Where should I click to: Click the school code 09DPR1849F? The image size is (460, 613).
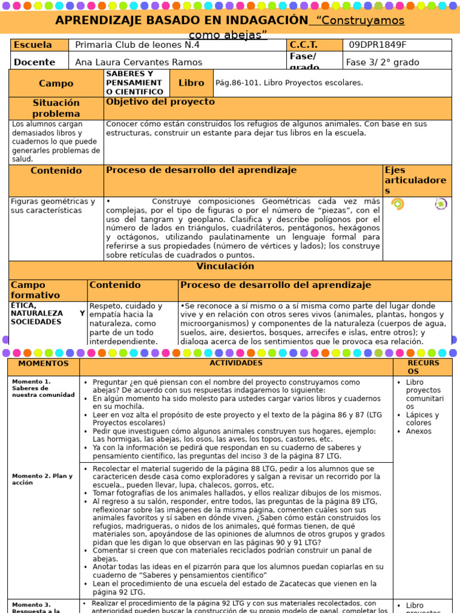(x=377, y=45)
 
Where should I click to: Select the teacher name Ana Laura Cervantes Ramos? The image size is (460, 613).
(x=138, y=62)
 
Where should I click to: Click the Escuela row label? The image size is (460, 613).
(x=33, y=45)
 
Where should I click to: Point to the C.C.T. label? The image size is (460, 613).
(x=304, y=45)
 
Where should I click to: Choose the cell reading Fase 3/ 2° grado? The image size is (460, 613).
(x=382, y=62)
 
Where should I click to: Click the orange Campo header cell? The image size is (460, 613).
(x=56, y=83)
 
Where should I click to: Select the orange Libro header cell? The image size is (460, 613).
(x=191, y=83)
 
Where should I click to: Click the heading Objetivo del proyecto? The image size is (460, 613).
(x=160, y=102)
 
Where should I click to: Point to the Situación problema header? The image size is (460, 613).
(x=56, y=108)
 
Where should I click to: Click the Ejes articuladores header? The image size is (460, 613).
(x=416, y=180)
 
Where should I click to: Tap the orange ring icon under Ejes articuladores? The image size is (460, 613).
(x=397, y=204)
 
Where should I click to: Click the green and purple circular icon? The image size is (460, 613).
(x=441, y=204)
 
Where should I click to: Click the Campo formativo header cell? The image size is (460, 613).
(x=36, y=290)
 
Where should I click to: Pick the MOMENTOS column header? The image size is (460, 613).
(x=44, y=363)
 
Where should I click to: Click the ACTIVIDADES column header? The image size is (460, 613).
(x=236, y=363)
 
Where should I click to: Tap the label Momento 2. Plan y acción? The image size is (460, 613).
(x=42, y=479)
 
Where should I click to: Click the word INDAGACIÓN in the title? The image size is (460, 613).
(x=261, y=20)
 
